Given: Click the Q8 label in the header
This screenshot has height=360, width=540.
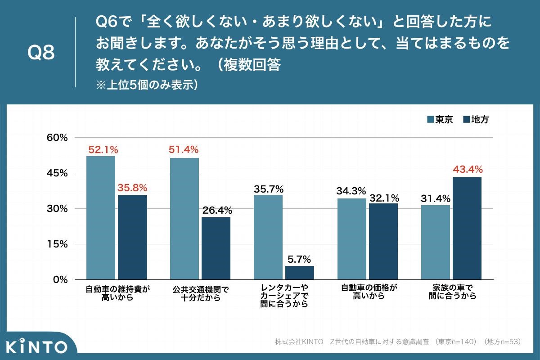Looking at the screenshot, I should [41, 53].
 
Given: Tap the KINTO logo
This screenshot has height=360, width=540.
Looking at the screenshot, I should [37, 346].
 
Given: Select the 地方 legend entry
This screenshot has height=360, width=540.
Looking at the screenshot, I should [475, 120].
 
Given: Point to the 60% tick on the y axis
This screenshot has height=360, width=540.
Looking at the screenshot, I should [57, 138].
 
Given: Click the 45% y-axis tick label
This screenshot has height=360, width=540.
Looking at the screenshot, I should [57, 173].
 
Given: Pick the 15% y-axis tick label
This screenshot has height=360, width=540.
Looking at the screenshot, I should [57, 244].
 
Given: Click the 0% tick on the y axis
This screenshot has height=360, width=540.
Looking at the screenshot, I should [60, 279].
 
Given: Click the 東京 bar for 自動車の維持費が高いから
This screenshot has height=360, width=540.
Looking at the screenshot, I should [101, 218].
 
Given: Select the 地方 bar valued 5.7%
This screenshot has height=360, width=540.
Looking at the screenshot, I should [300, 273].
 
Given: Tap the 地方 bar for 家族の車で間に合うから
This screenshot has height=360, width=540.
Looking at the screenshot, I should [467, 228].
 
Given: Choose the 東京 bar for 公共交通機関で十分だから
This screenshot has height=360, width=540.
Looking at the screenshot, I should [184, 219].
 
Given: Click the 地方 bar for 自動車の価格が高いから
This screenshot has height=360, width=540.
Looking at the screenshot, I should [383, 241].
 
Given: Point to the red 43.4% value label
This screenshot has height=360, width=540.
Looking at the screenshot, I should [468, 170].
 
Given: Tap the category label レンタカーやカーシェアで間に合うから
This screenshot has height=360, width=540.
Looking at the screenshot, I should [284, 296].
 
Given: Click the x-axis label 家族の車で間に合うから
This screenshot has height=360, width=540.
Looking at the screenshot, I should [452, 292].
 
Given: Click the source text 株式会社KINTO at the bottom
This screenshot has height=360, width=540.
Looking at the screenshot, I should [299, 342].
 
